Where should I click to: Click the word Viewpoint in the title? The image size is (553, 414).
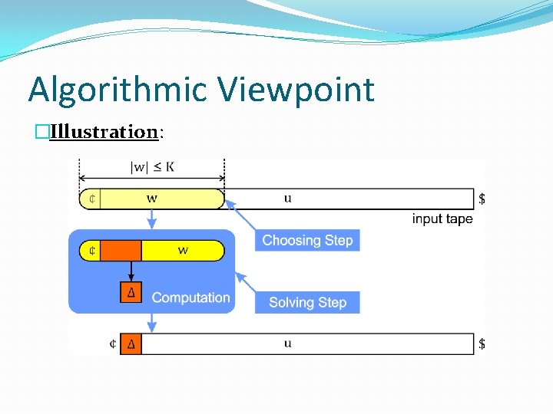coord(296,90)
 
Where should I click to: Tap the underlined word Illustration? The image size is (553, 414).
coord(103,132)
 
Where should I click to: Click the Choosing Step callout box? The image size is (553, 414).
coord(307,240)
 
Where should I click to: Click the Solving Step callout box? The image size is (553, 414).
coord(307,302)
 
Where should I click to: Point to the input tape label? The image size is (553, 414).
coord(442,219)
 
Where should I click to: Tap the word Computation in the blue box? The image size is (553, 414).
coord(190,297)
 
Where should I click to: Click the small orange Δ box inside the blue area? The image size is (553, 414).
coord(131,292)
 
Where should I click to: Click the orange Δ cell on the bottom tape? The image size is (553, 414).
coord(131,343)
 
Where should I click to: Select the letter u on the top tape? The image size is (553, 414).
coord(287,199)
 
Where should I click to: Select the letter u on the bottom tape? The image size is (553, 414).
coord(287,343)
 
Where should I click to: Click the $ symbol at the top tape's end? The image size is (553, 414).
coord(482,199)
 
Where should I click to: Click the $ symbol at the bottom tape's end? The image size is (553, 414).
coord(482,343)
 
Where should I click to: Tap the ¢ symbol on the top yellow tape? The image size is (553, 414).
coord(91,199)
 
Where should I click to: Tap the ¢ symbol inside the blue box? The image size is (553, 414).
coord(91,251)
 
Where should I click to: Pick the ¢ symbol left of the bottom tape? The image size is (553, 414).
coord(113,343)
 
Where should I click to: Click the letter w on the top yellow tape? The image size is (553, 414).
coord(152,199)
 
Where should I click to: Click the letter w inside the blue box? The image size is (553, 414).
coord(183,251)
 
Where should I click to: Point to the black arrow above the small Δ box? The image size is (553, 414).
coord(131,271)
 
